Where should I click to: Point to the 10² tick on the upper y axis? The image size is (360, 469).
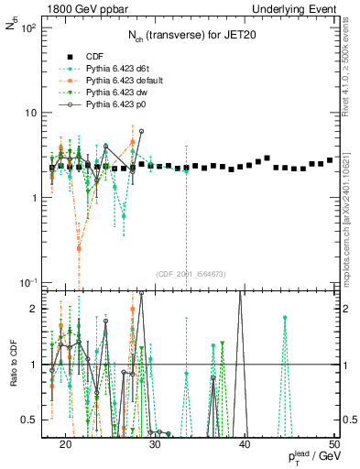click(x=30, y=28)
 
